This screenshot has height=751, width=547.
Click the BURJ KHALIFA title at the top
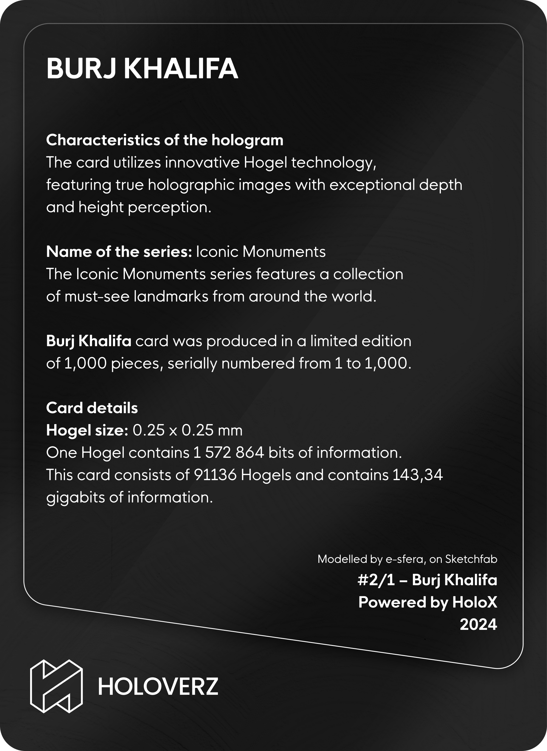pyautogui.click(x=142, y=68)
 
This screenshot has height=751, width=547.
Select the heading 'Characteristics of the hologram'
pyautogui.click(x=165, y=140)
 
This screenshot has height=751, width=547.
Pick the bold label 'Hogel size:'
pyautogui.click(x=87, y=430)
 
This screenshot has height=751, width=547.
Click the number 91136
pyautogui.click(x=215, y=475)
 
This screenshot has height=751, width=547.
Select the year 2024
pyautogui.click(x=478, y=624)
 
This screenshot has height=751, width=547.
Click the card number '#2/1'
pyautogui.click(x=376, y=580)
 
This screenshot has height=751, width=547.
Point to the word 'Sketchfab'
pyautogui.click(x=471, y=559)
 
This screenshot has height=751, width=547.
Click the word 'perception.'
pyautogui.click(x=169, y=207)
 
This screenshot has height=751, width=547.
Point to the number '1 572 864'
pyautogui.click(x=229, y=452)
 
